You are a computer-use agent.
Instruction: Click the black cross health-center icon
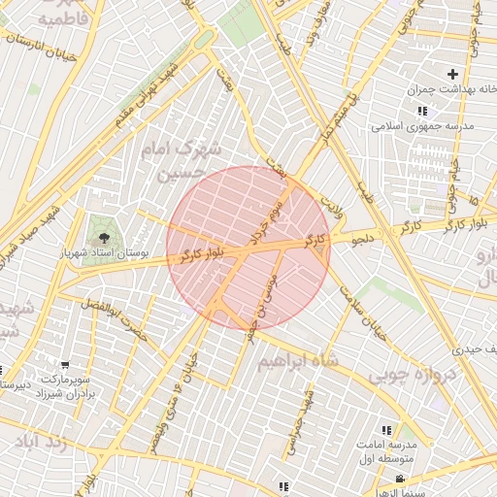(x=452, y=74)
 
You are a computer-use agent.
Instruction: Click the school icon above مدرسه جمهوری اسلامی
(x=421, y=112)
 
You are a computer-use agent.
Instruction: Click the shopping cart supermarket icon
(x=64, y=365)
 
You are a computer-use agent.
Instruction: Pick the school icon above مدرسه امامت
(x=386, y=429)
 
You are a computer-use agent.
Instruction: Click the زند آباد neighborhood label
(x=43, y=442)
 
